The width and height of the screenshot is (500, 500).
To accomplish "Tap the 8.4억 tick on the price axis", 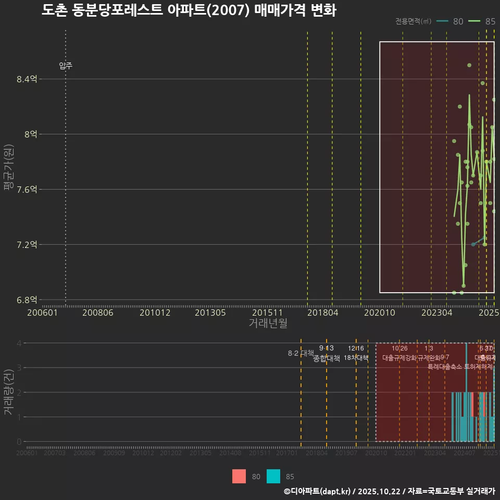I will click(27, 79).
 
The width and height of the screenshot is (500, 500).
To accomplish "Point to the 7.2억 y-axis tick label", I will click(27, 244).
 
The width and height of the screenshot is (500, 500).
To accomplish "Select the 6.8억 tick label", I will click(27, 299).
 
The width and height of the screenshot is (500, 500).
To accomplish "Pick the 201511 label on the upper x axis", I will click(267, 312).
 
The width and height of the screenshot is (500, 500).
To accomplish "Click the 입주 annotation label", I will click(66, 66).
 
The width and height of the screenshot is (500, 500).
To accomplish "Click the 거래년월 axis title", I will click(268, 323).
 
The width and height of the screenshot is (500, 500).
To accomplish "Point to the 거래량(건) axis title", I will click(9, 392).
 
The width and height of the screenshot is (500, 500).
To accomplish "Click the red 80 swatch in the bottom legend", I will click(239, 476).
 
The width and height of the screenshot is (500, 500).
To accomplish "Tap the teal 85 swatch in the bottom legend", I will click(273, 476).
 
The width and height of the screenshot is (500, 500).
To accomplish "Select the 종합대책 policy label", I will click(327, 358).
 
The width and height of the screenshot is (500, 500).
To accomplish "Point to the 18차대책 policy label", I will click(356, 358).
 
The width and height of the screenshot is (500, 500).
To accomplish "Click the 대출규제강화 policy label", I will click(399, 358).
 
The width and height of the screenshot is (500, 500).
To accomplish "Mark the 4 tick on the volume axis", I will click(19, 343).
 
